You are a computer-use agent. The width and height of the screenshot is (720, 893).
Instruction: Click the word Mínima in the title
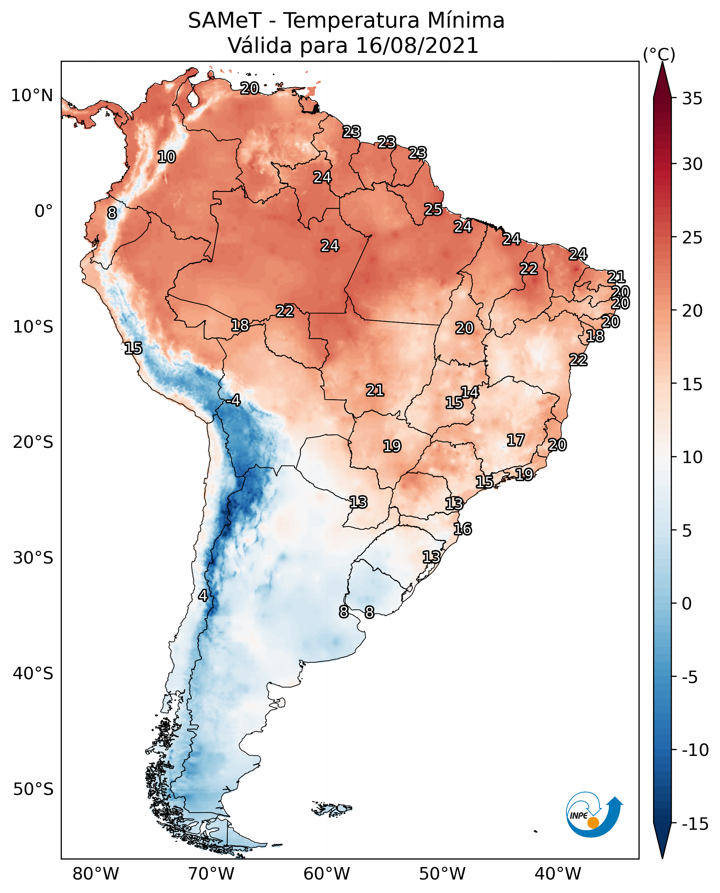[466, 20]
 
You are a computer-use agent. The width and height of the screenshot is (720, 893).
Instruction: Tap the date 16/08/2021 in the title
[417, 46]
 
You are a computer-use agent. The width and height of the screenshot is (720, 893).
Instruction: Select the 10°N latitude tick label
[32, 96]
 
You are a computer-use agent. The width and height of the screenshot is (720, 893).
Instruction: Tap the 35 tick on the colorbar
[692, 99]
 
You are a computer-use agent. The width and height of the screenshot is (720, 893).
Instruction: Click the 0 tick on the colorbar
[687, 604]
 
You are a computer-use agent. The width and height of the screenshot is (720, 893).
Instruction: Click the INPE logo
[594, 815]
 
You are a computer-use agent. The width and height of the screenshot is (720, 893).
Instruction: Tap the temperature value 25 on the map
[433, 210]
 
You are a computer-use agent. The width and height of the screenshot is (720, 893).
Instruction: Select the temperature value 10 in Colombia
[167, 157]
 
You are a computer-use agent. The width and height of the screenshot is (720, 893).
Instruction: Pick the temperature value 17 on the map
[516, 440]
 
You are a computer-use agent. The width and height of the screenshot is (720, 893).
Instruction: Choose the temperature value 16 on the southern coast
[463, 529]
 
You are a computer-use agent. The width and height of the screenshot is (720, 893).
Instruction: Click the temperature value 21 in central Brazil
[375, 390]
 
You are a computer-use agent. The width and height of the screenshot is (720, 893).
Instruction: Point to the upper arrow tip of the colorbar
[662, 62]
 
